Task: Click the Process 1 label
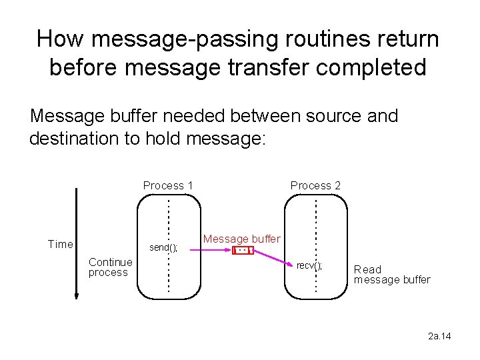(x=168, y=185)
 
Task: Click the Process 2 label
(x=315, y=185)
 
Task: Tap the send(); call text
(x=163, y=247)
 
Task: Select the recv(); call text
(x=309, y=265)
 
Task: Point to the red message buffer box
(x=243, y=251)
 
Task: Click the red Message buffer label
(x=242, y=239)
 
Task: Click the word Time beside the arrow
(x=61, y=244)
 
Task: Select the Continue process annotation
(x=110, y=267)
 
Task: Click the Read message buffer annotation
(x=391, y=274)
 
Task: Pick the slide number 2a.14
(x=439, y=336)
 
